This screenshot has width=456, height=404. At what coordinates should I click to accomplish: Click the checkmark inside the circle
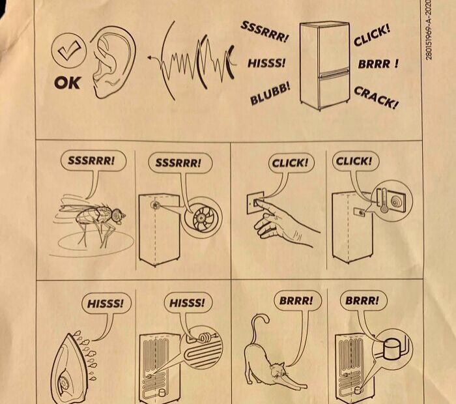click(69, 50)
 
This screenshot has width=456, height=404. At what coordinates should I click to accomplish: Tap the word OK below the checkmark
click(67, 83)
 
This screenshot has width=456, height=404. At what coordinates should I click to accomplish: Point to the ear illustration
click(113, 62)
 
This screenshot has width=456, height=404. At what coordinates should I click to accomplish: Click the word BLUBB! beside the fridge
click(270, 93)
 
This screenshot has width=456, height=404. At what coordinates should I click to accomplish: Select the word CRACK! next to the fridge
click(377, 98)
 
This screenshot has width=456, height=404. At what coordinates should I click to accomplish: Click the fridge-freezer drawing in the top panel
click(324, 66)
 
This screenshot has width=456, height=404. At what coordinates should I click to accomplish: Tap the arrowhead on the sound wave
click(150, 57)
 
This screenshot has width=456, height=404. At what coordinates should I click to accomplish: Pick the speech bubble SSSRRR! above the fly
click(93, 160)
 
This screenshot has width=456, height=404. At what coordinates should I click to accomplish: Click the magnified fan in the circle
click(201, 218)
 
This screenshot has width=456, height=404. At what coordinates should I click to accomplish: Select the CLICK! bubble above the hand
click(291, 163)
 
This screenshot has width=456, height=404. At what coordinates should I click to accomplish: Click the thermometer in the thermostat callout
click(384, 201)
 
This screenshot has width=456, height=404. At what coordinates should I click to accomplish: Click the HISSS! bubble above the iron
click(106, 304)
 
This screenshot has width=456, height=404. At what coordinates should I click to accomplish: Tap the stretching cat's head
click(278, 371)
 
